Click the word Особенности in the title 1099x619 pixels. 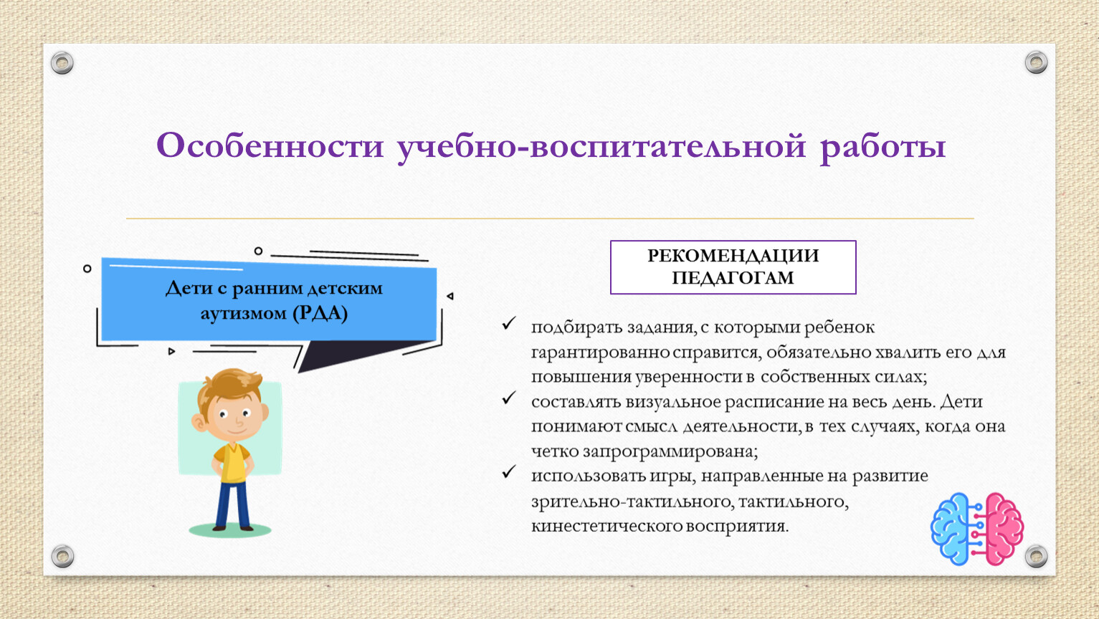[270, 145]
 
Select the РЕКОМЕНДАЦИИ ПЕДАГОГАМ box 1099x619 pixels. [733, 267]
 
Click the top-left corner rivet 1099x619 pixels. [62, 63]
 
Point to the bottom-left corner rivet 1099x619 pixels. [62, 556]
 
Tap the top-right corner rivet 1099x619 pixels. [1036, 62]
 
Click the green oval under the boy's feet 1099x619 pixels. [229, 530]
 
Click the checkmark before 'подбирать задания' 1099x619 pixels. [509, 323]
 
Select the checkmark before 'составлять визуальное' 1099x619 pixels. [509, 398]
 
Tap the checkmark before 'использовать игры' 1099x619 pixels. [509, 472]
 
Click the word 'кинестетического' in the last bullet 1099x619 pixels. [606, 526]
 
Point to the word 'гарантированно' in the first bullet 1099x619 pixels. [601, 352]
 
